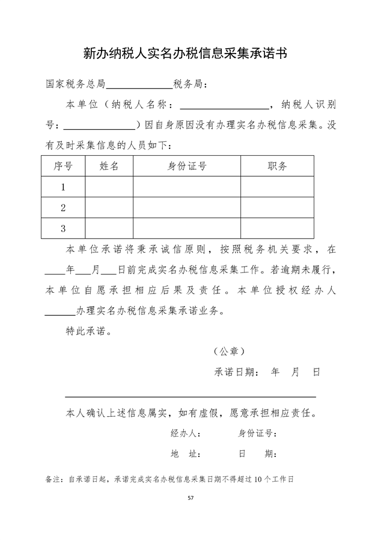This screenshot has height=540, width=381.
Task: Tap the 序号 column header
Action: coord(63,167)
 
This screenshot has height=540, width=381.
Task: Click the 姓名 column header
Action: coord(109,167)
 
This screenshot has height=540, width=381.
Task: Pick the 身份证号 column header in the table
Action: coord(186,167)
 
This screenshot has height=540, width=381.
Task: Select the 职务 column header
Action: coord(276,167)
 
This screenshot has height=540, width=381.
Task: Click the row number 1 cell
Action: coord(63,187)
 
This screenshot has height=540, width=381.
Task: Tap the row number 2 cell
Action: coord(63,207)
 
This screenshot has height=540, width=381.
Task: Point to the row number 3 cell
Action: coord(63,228)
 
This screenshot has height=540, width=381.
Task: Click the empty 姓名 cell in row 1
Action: coord(109,187)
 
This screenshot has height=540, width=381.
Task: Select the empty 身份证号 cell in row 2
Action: coord(186,207)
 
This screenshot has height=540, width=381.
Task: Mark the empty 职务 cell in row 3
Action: coord(276,228)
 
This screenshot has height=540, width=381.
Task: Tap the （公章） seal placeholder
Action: coord(229,351)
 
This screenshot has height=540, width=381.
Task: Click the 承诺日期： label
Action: coord(237,372)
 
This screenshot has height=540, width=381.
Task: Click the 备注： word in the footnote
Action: coord(54,479)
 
